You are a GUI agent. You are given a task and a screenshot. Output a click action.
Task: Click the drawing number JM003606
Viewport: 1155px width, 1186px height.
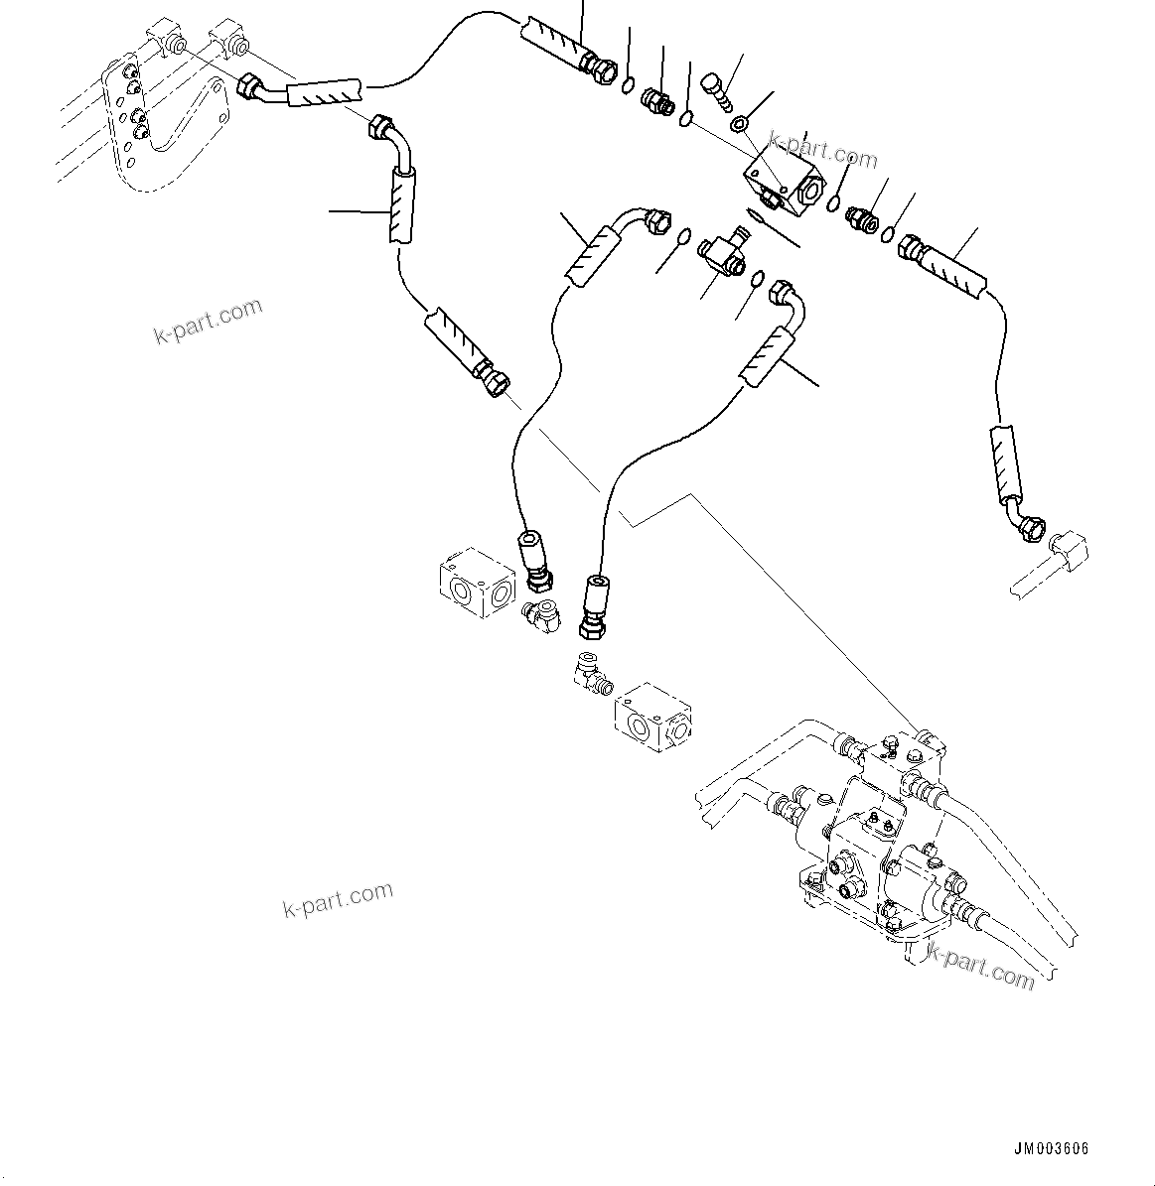[1051, 1148]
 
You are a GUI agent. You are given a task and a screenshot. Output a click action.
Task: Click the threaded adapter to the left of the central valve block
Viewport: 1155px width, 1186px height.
[656, 100]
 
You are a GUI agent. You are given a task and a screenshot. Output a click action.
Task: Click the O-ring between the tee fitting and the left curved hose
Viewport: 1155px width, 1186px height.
[684, 236]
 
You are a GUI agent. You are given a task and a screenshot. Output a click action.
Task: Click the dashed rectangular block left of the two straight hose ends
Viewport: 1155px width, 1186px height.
[477, 582]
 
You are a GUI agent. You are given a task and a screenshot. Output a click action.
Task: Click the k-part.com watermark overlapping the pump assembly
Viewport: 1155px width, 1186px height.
[980, 968]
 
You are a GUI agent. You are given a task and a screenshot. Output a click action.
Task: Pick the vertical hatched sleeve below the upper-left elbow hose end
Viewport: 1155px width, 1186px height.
[402, 204]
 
